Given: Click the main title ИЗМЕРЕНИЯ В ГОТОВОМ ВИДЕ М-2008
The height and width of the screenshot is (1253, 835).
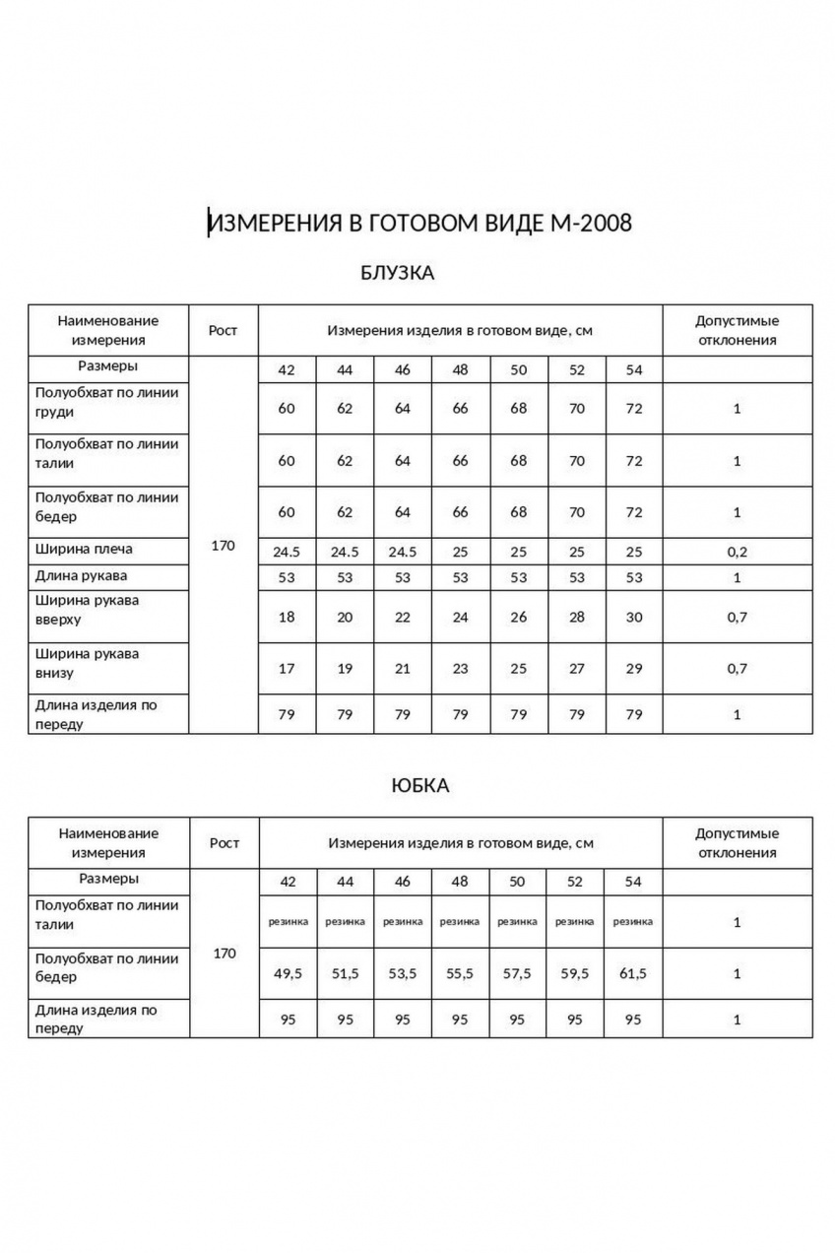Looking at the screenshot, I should pyautogui.click(x=419, y=224).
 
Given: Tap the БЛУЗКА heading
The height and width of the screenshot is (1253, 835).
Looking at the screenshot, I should pyautogui.click(x=398, y=273).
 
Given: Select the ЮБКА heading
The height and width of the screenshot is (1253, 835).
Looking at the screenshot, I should pyautogui.click(x=419, y=785).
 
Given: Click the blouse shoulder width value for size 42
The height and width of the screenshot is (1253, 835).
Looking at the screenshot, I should pyautogui.click(x=287, y=552).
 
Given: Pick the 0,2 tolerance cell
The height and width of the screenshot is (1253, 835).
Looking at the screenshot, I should pyautogui.click(x=737, y=552).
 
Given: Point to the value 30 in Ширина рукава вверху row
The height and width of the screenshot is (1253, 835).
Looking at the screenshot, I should pyautogui.click(x=633, y=618).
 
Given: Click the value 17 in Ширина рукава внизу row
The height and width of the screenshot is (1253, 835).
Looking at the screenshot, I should pyautogui.click(x=287, y=669).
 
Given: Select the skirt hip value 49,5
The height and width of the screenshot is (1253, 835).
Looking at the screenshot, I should pyautogui.click(x=288, y=973).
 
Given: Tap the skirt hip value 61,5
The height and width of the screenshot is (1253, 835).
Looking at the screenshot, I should pyautogui.click(x=633, y=973).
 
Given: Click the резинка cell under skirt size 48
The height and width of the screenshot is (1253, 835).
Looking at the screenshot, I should pyautogui.click(x=460, y=922).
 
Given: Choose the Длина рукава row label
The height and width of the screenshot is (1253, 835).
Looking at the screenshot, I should pyautogui.click(x=82, y=575).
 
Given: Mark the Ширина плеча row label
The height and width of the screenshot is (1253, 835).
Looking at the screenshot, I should pyautogui.click(x=84, y=549).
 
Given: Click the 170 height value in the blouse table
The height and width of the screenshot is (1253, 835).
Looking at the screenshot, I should pyautogui.click(x=224, y=545).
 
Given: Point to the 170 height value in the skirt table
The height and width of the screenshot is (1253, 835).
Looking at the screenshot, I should pyautogui.click(x=224, y=954).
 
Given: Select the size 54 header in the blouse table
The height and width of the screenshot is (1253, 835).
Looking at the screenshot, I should pyautogui.click(x=633, y=369).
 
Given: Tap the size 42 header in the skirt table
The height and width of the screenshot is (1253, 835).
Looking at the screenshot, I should pyautogui.click(x=288, y=882).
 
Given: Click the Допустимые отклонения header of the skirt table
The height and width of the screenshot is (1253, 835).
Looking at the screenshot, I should pyautogui.click(x=737, y=842).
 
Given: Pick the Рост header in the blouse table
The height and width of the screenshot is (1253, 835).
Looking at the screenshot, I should pyautogui.click(x=224, y=330).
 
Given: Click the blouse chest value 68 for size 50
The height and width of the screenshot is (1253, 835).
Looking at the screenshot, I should pyautogui.click(x=518, y=408).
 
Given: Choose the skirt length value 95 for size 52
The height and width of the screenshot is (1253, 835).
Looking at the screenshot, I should pyautogui.click(x=576, y=1020).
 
